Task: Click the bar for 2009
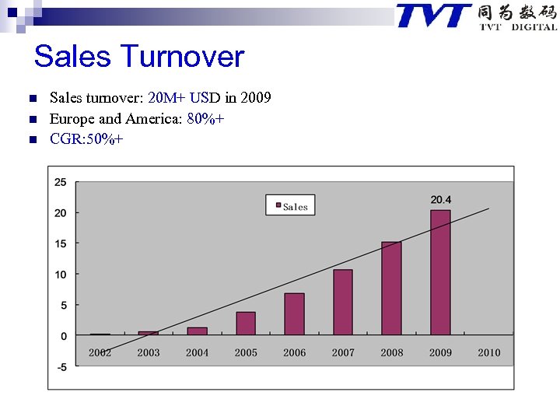pos(440,272)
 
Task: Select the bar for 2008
pos(391,289)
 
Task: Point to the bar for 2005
pos(246,323)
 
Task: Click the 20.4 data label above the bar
pos(441,200)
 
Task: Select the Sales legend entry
pos(290,206)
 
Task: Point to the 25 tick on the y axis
pos(60,182)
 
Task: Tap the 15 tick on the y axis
pos(60,243)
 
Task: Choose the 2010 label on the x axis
pos(489,352)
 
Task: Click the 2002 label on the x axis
pos(100,352)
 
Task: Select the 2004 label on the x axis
pos(197,352)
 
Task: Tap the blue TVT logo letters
pos(433,16)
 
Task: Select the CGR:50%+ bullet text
pos(86,139)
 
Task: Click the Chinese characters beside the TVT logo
pos(517,12)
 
